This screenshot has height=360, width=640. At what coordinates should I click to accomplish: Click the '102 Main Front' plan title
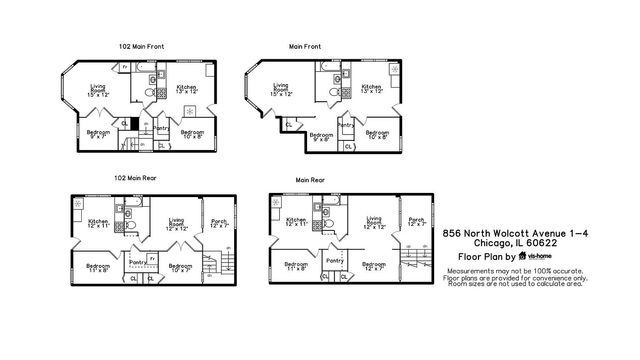coord(138,45)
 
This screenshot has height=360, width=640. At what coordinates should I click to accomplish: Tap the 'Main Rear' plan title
coord(310,180)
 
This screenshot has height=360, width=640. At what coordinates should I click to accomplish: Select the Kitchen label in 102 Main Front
coord(187,89)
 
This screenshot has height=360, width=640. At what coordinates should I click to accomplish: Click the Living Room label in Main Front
coord(282,90)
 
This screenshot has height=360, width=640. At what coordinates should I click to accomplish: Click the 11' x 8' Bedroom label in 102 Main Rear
coord(96,268)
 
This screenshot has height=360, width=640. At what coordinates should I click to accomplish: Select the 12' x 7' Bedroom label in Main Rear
coord(374,267)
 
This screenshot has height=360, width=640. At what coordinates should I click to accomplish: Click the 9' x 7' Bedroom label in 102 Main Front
coord(97,134)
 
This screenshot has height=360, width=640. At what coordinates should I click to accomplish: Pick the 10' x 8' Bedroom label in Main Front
coord(377,134)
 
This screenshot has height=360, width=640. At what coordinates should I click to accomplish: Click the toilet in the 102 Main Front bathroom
coord(148,93)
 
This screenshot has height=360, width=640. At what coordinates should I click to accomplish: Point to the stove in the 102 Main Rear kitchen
coord(79,204)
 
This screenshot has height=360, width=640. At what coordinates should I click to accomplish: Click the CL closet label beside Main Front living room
coord(289,124)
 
